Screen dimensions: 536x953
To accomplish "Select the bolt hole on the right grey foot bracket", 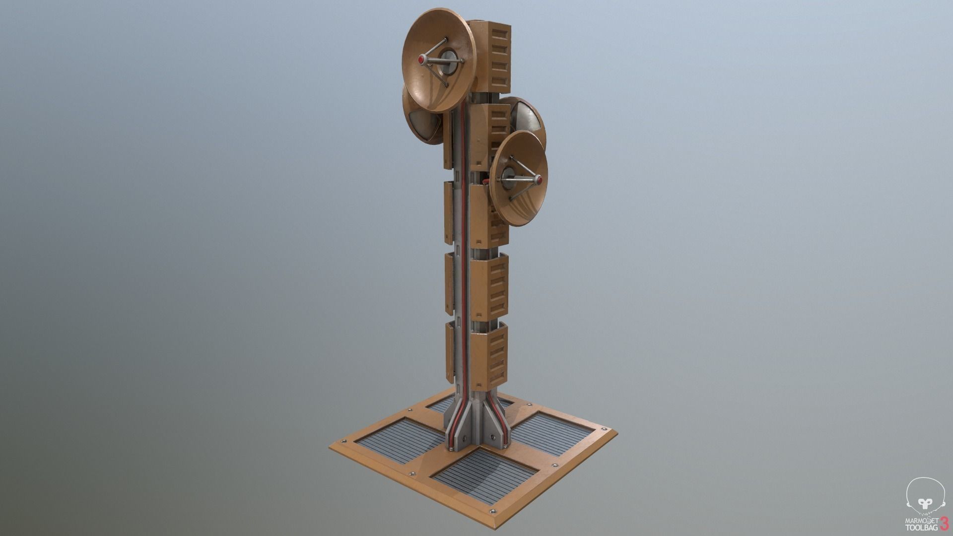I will click(492, 437).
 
